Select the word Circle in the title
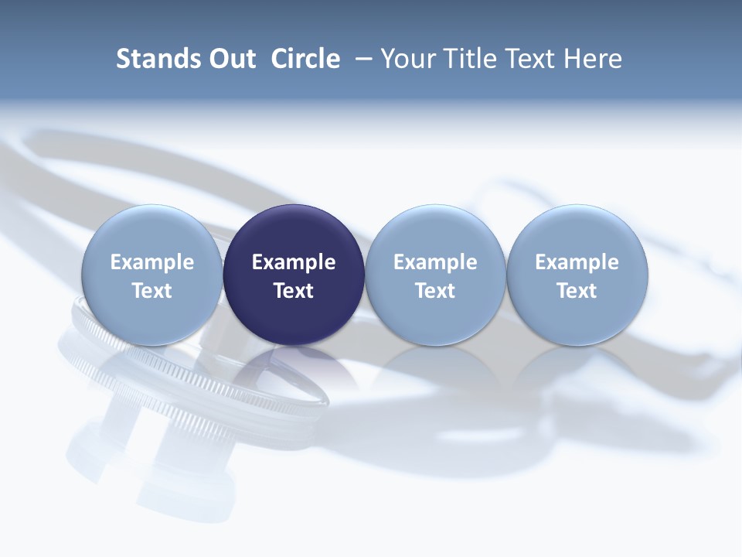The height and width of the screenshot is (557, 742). coord(305,59)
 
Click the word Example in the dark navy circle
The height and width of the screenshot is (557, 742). coord(294,262)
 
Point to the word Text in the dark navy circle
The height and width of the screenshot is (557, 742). coord(294,291)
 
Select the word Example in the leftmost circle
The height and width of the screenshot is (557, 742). coord(151,262)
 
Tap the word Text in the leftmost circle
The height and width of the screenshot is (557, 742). coord(151,291)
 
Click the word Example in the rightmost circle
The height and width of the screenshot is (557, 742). coord(577,262)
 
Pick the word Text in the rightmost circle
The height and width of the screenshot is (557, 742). coord(577,291)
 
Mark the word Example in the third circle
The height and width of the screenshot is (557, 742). coord(435,262)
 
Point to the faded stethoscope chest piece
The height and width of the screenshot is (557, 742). coord(193,387)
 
